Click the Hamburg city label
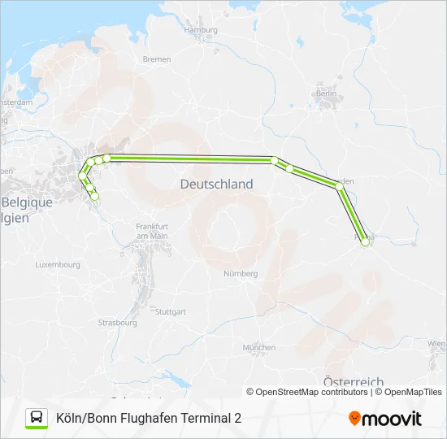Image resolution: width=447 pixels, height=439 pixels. coord(202,30)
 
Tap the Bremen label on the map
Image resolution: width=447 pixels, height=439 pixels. coord(157,59)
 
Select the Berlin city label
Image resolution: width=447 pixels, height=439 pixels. coord(327,93)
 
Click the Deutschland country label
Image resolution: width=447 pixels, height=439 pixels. coord(216,185)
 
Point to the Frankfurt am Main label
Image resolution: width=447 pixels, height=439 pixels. coord(152,230)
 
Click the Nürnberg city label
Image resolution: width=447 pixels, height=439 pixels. coord(241,274)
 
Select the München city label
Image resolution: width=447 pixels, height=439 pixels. coord(259,347)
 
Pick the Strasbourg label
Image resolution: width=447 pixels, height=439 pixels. coord(119,323)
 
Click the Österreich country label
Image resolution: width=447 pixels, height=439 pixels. coord(353,382)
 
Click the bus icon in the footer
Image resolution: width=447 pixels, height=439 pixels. coord(37,418)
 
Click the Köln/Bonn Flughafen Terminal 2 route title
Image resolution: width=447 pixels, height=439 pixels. coord(149,419)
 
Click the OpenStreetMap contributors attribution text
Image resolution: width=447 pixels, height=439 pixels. coord(312,392)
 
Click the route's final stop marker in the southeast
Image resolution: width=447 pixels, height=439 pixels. coord(365,241)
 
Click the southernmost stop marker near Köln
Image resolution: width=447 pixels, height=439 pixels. coord(94,197)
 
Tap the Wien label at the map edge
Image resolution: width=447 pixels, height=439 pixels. coord(438,344)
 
